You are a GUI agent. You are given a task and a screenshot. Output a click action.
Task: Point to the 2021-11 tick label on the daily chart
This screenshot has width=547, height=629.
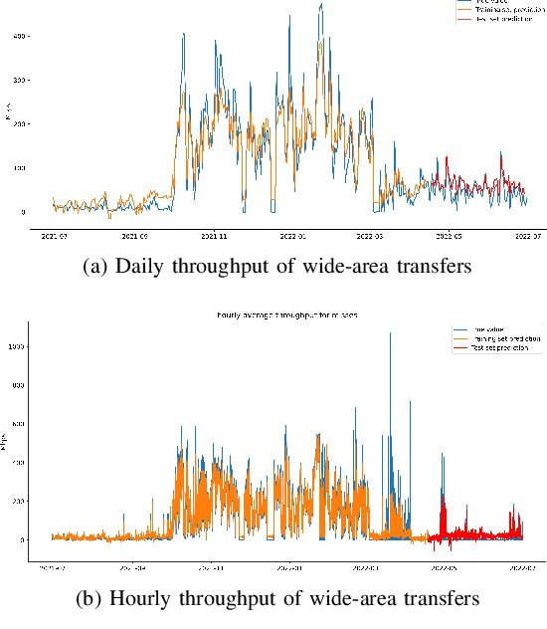[214, 236]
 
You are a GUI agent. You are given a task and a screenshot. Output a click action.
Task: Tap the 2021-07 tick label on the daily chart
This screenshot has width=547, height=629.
[54, 236]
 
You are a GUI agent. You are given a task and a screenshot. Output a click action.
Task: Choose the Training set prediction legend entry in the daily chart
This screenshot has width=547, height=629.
[502, 11]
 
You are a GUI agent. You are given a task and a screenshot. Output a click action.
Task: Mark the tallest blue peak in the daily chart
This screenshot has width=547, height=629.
[321, 5]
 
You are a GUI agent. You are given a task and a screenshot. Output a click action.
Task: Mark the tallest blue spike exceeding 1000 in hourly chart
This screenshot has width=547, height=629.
[390, 334]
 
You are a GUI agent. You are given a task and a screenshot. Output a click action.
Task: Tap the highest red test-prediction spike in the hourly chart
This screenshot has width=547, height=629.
[441, 495]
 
